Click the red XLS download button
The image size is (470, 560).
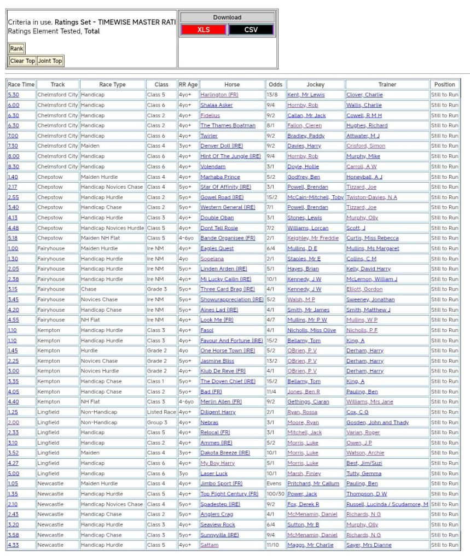coord(204,30)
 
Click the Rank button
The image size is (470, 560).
coord(16,49)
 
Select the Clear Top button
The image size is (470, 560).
coord(22,61)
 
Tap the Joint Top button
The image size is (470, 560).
coord(50,61)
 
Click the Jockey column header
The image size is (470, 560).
coord(315,85)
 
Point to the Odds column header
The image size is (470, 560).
coord(275,85)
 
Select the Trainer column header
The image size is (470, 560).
coord(387,85)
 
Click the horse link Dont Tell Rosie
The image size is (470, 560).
coord(219,228)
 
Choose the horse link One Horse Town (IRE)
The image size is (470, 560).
coord(228,351)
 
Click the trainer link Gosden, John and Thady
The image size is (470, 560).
coord(378,422)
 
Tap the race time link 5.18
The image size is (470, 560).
coord(13,238)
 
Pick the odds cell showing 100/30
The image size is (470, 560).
coord(275,494)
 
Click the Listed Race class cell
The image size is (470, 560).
coord(161,412)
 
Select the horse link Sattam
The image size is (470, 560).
coord(209,545)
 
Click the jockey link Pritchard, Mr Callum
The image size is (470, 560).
coord(313,483)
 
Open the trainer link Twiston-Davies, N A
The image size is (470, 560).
coord(372,197)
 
